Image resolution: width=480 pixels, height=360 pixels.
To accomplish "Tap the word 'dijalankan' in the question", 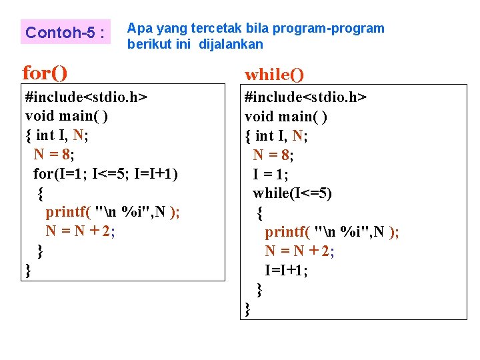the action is (x=231, y=45).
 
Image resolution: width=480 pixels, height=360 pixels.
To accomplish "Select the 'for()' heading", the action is (x=45, y=71).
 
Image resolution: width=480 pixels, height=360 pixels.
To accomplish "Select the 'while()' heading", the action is (x=274, y=74).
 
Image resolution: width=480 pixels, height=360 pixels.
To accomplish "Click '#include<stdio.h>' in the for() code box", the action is (x=86, y=97).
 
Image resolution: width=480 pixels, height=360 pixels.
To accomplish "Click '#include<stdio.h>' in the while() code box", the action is (x=305, y=97).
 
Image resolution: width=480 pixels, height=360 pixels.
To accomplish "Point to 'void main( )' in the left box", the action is (x=67, y=117).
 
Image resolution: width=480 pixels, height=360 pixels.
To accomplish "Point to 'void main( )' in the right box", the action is (x=286, y=117).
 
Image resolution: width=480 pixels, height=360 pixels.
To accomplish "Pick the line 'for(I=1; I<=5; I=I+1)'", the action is (x=106, y=174).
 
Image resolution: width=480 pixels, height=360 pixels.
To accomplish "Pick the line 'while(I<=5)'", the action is (x=292, y=193).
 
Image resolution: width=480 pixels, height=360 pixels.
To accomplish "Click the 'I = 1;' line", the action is (x=271, y=174).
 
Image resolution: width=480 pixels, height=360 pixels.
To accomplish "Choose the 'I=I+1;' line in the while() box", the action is (x=286, y=270).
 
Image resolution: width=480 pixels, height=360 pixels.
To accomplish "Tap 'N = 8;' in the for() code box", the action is (x=54, y=155).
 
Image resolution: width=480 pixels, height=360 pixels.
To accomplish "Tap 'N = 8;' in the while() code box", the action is (x=273, y=155).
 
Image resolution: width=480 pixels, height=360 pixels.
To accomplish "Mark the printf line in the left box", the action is (x=113, y=212).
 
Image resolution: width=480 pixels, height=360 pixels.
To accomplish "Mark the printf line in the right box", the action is (x=332, y=232).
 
